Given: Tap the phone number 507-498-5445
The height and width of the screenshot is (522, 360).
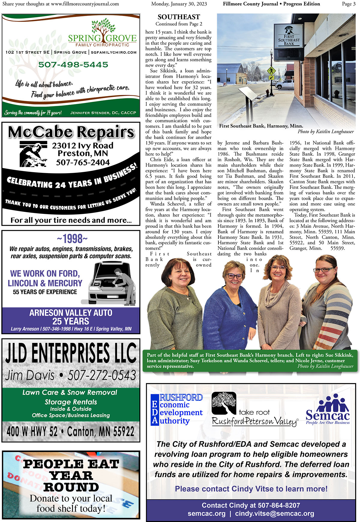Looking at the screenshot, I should point(73,64).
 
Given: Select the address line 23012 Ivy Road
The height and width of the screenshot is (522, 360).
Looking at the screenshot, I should point(82,146).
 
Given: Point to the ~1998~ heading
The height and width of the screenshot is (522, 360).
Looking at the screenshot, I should point(72,239).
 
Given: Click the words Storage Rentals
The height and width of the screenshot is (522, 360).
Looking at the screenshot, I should point(71,402).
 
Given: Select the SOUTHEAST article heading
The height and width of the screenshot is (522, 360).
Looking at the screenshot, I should point(178,17).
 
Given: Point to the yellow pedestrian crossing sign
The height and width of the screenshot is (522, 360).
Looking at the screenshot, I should point(271,71).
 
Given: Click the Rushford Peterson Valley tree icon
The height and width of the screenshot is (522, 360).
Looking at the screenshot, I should point(224,403).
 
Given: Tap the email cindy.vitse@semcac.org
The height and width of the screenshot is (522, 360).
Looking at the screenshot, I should point(274,513).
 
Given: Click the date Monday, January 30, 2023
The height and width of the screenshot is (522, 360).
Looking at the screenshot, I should point(179,4).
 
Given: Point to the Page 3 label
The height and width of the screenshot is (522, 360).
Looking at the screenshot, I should point(349,4).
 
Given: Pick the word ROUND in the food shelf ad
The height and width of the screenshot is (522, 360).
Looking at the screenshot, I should point(71,487).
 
